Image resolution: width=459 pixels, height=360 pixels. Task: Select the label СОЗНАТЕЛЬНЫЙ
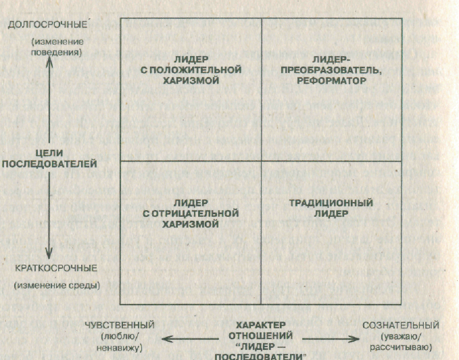click(401, 325)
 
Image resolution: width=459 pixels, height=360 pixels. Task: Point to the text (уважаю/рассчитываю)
click(401, 342)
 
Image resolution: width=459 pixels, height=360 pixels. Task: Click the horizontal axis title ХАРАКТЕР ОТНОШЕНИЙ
click(261, 330)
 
